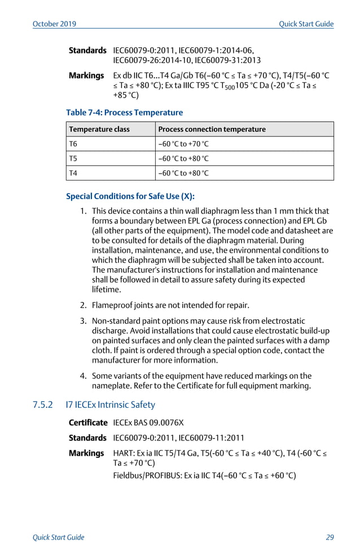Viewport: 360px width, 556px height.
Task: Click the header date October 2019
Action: click(x=55, y=24)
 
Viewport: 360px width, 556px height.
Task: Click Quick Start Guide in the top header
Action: click(x=306, y=24)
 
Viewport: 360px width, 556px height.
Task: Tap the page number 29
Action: click(x=330, y=537)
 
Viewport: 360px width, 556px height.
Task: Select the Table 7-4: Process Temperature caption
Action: click(x=124, y=113)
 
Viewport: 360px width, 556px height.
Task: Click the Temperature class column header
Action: click(x=99, y=129)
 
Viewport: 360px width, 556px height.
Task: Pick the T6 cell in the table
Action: click(x=73, y=144)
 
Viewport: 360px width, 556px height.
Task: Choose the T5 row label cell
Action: click(x=73, y=158)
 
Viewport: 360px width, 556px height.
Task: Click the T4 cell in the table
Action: click(x=73, y=173)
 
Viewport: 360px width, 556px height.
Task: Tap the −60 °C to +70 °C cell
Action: click(x=184, y=144)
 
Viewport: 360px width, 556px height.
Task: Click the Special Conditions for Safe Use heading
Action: click(x=130, y=197)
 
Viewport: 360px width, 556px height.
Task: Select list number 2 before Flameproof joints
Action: click(x=83, y=306)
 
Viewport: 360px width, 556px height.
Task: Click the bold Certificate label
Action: click(x=88, y=422)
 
